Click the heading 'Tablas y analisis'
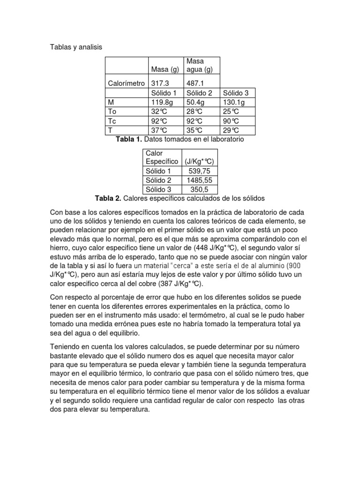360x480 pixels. click(76, 47)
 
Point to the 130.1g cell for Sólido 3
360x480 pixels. click(234, 102)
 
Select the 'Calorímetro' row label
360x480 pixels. click(127, 83)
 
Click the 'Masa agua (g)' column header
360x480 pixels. click(200, 66)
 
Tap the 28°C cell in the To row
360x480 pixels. click(195, 112)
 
